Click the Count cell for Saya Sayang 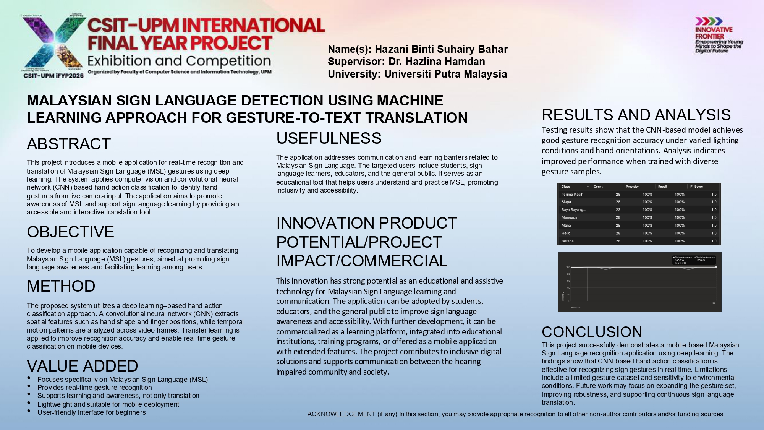618,210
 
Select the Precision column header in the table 633,187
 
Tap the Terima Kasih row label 572,195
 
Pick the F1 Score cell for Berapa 714,241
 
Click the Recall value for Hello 679,233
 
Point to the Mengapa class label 569,217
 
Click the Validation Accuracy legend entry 705,258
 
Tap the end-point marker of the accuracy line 715,267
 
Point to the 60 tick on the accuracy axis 568,281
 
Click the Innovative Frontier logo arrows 709,21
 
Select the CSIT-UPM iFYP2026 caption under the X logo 53,76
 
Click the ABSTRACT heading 69,144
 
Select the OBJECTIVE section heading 70,232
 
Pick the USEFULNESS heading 329,138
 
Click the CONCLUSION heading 592,332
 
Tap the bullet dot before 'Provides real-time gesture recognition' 29,386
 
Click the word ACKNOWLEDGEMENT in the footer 341,414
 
